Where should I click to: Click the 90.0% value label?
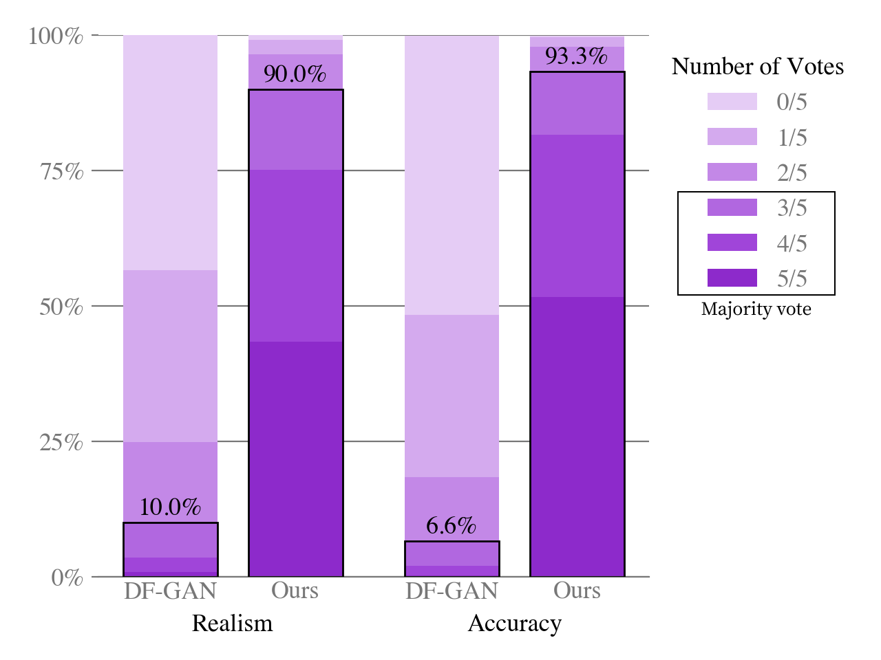click(x=295, y=74)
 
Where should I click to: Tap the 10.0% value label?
click(x=170, y=507)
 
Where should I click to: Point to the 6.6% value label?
click(x=451, y=526)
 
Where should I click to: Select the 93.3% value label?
click(x=576, y=56)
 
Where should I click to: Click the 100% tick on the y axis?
click(x=56, y=36)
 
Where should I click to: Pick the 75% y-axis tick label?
click(x=61, y=171)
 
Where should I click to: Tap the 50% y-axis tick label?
click(x=61, y=307)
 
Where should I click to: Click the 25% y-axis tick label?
click(x=61, y=442)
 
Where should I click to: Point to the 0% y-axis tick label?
click(x=67, y=577)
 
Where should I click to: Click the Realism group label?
click(x=232, y=623)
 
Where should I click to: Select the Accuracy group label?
click(x=514, y=623)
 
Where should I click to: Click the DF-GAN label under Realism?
click(x=170, y=591)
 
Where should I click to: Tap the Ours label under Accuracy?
click(x=577, y=591)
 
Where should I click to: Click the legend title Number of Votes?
click(x=757, y=66)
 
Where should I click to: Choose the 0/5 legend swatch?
click(x=732, y=102)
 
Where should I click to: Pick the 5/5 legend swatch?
click(x=732, y=278)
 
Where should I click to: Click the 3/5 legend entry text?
click(x=792, y=208)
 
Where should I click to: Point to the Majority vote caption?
click(x=756, y=309)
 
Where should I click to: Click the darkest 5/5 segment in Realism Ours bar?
click(x=295, y=459)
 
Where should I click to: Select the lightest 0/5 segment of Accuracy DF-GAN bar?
click(x=452, y=175)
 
